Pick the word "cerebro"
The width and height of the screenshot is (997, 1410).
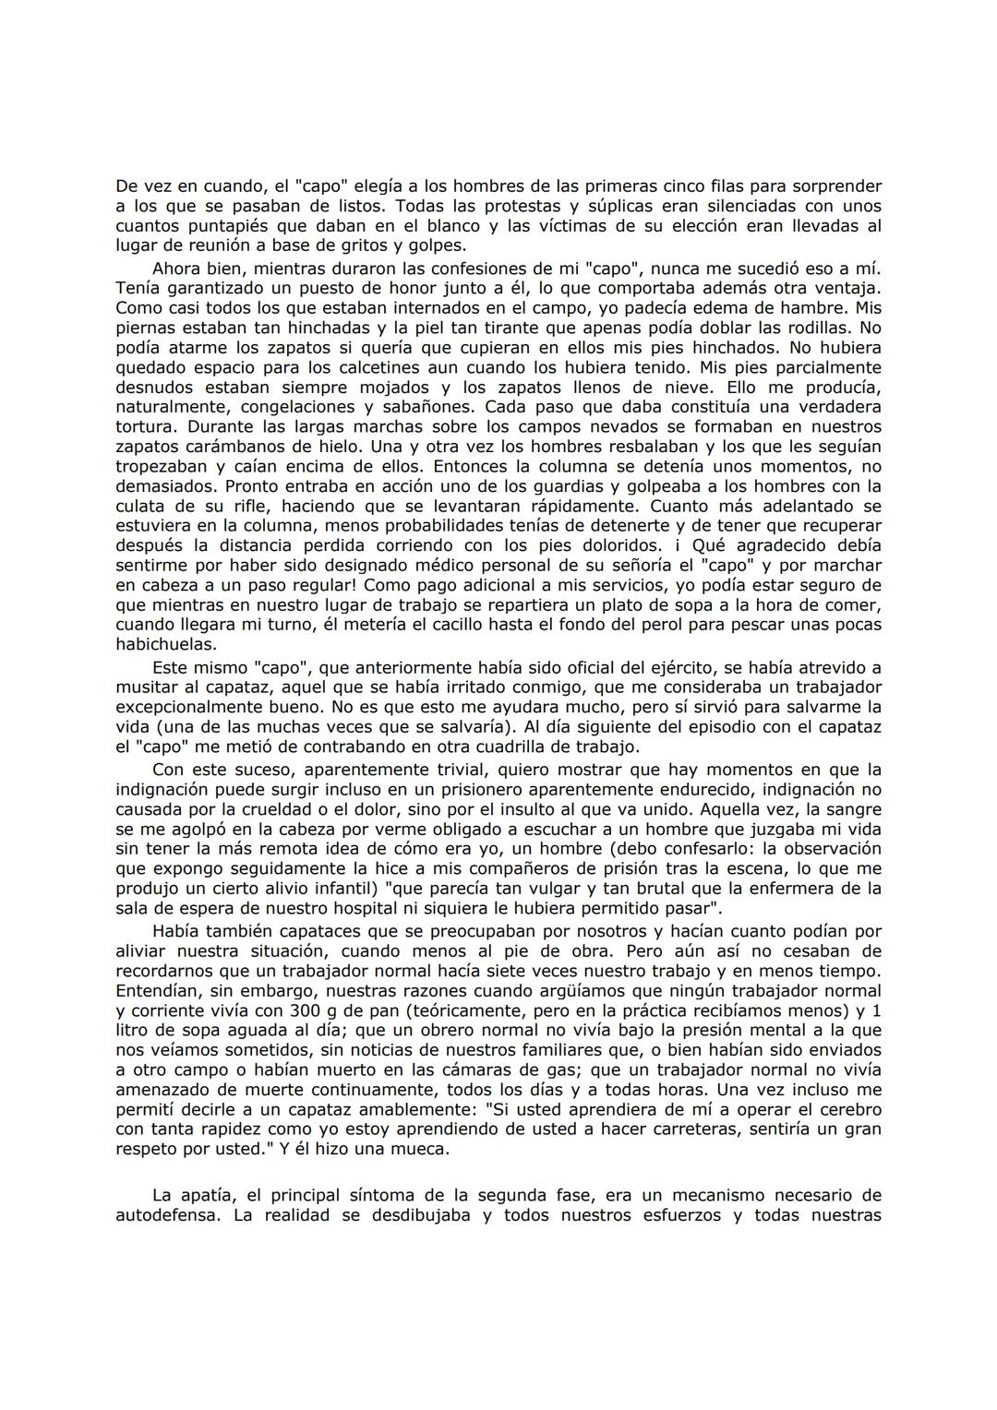coord(849,1109)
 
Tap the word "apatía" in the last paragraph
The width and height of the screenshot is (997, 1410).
coord(202,1196)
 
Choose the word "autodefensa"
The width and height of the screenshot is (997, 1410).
coord(166,1215)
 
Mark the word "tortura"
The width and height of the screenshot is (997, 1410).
coord(147,427)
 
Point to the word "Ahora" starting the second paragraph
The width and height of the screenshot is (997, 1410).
coord(177,269)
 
